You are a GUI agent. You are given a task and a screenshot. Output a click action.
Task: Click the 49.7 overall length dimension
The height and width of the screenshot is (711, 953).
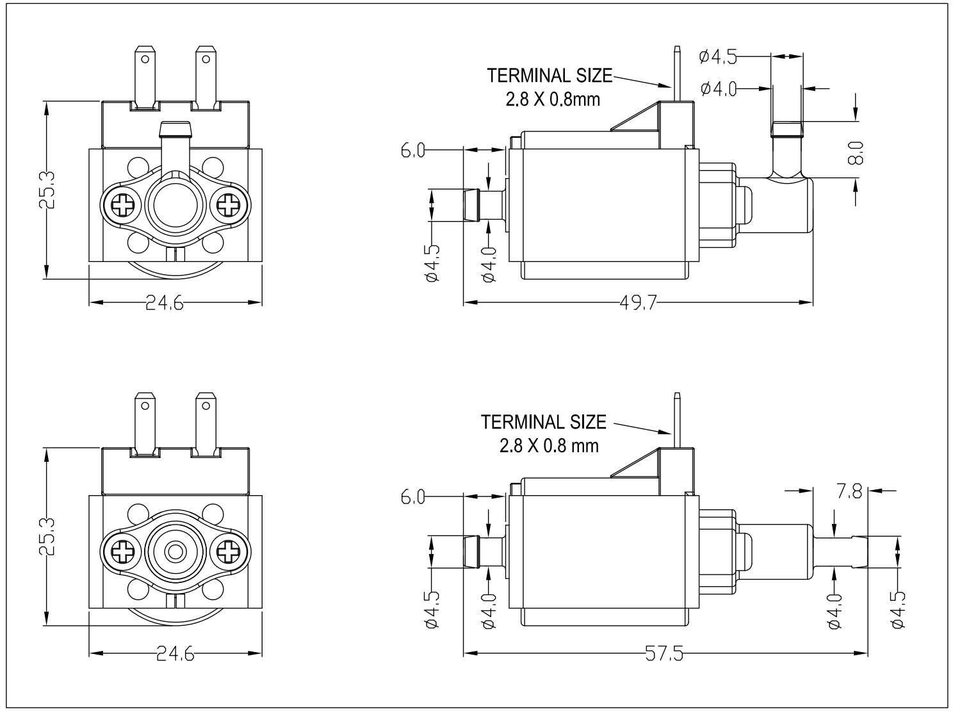coord(638,303)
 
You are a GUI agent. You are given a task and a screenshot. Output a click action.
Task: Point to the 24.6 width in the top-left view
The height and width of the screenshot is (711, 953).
coord(165,303)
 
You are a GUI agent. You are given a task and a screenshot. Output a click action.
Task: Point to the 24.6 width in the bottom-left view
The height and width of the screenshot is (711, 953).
coord(174,654)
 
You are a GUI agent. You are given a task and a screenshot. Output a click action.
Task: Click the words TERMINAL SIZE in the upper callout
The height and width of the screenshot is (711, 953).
coord(549,76)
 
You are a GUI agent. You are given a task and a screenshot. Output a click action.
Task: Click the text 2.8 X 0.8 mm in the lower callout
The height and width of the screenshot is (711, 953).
coord(549,445)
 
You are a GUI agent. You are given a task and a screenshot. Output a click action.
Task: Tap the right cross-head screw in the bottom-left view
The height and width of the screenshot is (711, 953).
coord(228,551)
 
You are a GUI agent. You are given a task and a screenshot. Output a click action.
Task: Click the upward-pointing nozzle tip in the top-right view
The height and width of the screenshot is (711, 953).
coord(786,129)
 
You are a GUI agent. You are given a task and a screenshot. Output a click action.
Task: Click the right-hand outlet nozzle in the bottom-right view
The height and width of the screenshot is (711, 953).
coord(842,552)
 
